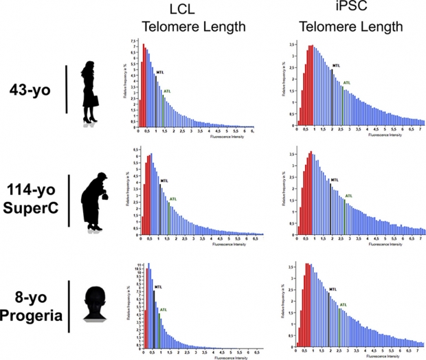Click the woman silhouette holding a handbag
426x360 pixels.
[90, 92]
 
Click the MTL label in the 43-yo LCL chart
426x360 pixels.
[163, 77]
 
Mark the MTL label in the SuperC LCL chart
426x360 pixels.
[163, 181]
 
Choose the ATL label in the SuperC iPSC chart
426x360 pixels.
[348, 196]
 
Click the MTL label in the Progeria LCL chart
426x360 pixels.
[158, 286]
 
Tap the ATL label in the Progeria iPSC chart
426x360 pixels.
[346, 303]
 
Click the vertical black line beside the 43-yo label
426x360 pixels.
[66, 89]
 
